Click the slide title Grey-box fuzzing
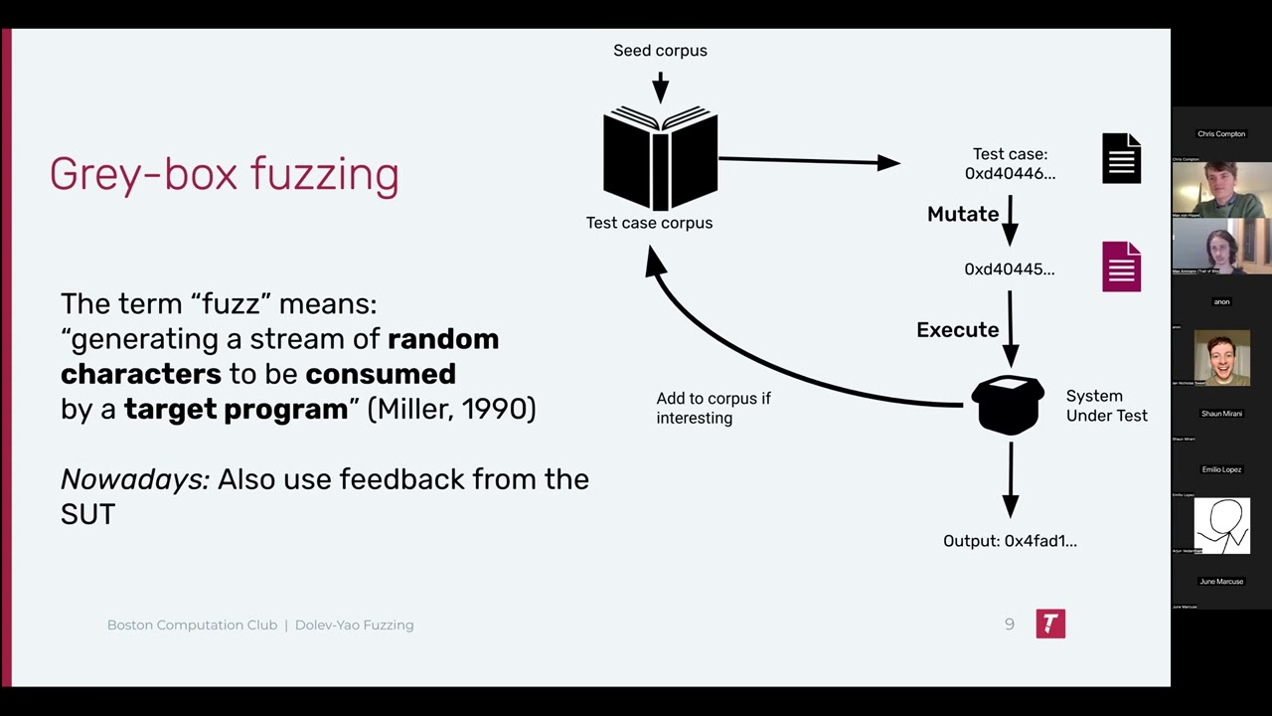click(224, 174)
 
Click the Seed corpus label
click(660, 51)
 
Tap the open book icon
click(660, 159)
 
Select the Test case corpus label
click(649, 223)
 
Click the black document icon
click(1121, 159)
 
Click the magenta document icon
click(1121, 267)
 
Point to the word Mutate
click(962, 214)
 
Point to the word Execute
click(957, 330)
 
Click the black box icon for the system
click(1008, 405)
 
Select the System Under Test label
click(1106, 406)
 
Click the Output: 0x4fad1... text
click(1010, 541)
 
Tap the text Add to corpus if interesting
click(713, 408)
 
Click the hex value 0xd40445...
click(1009, 269)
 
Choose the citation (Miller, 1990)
click(451, 409)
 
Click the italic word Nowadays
click(134, 479)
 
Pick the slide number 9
click(1010, 625)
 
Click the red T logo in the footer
click(1050, 624)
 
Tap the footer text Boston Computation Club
click(192, 626)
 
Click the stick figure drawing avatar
click(1221, 524)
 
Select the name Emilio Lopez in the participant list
click(1221, 469)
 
